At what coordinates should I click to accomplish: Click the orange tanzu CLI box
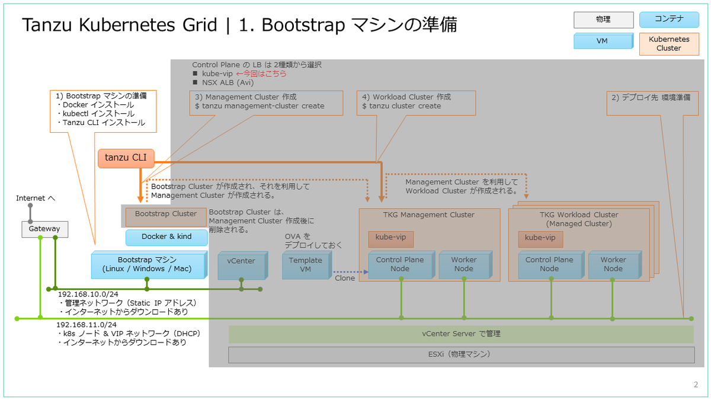click(x=126, y=158)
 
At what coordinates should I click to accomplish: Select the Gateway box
click(x=45, y=229)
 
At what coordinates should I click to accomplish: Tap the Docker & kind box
click(x=166, y=238)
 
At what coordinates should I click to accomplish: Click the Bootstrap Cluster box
click(x=166, y=217)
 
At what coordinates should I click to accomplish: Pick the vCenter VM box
click(x=243, y=265)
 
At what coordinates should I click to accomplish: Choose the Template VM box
click(x=307, y=265)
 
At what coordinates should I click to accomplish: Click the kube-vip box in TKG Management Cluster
click(x=390, y=239)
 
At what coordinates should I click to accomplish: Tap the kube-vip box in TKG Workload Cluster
click(x=540, y=239)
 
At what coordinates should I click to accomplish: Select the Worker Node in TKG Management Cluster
click(x=465, y=265)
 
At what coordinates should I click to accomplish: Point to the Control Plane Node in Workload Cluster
click(x=551, y=265)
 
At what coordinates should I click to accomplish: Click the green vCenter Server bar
click(x=461, y=334)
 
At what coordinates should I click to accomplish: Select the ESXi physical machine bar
click(x=461, y=354)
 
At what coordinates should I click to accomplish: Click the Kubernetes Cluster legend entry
click(x=669, y=44)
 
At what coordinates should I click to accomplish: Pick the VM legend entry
click(x=603, y=41)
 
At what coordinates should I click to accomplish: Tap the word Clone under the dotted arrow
click(x=345, y=278)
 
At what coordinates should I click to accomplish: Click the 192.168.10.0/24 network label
click(x=88, y=295)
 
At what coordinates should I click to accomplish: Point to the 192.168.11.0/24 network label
click(x=87, y=325)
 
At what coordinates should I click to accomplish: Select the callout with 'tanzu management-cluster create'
click(x=266, y=103)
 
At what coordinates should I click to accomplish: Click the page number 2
click(x=696, y=385)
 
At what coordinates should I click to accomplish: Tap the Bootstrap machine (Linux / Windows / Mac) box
click(x=149, y=265)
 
